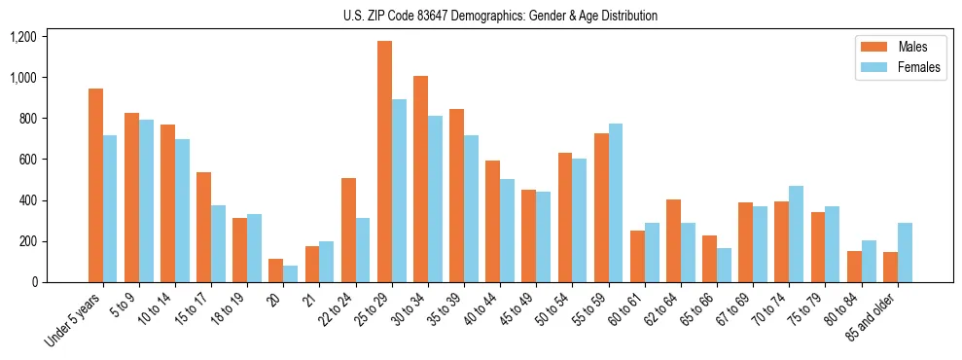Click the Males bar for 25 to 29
pos(384,162)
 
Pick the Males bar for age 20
pos(275,270)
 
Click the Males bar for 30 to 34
pos(420,179)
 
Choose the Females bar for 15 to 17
pos(218,243)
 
